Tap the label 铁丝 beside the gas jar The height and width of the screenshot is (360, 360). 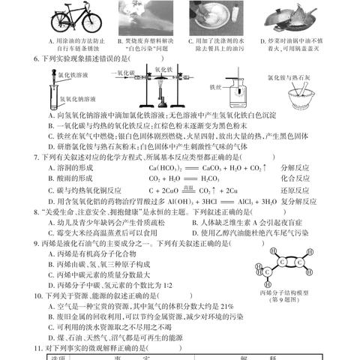(x=215, y=86)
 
